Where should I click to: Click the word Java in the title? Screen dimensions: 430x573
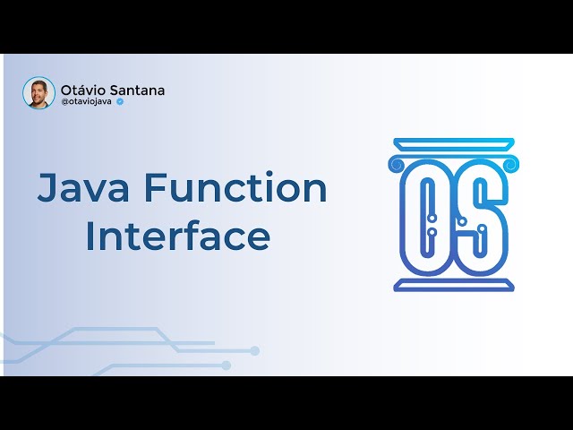click(x=81, y=189)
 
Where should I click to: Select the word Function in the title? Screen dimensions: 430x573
click(x=235, y=189)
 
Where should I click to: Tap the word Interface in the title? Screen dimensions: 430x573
click(x=177, y=237)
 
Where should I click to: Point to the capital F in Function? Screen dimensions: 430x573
click(x=155, y=189)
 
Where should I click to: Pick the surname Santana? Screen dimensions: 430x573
click(x=137, y=90)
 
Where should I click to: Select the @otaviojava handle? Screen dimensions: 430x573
click(x=86, y=102)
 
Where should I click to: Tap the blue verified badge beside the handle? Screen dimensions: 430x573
click(x=120, y=102)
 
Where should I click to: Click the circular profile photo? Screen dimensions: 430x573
click(x=39, y=93)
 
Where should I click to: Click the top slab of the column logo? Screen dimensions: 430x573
click(x=454, y=144)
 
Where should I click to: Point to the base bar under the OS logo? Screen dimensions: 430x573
click(x=454, y=286)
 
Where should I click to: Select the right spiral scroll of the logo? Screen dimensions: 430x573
click(x=511, y=164)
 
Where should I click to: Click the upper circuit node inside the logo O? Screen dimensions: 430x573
click(x=429, y=197)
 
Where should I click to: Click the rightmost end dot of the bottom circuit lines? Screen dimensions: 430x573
click(x=255, y=350)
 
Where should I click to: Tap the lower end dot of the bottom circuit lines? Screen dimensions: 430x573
click(x=227, y=365)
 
